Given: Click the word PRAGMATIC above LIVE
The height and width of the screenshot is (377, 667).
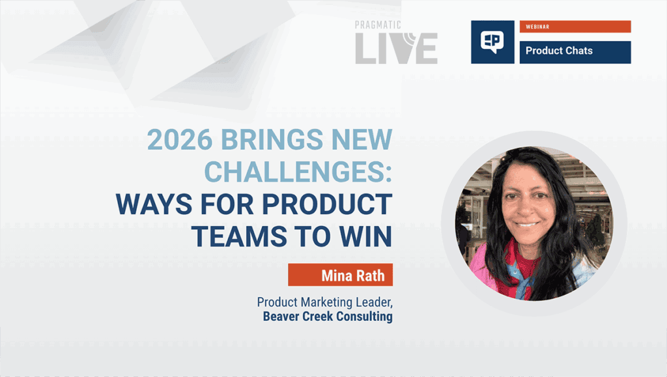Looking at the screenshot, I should pos(378,25).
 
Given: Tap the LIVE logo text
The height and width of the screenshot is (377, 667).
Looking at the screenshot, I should pos(396,49).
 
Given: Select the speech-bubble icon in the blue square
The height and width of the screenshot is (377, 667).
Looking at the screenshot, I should pos(493,42).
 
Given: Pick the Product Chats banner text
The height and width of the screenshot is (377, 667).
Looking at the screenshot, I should pos(559,51).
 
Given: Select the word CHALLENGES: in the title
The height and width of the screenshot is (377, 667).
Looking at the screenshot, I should pos(298,171).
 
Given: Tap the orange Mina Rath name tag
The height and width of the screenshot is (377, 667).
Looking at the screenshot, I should pos(340,275).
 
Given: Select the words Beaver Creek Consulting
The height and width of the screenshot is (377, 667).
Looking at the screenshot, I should pos(328,317).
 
